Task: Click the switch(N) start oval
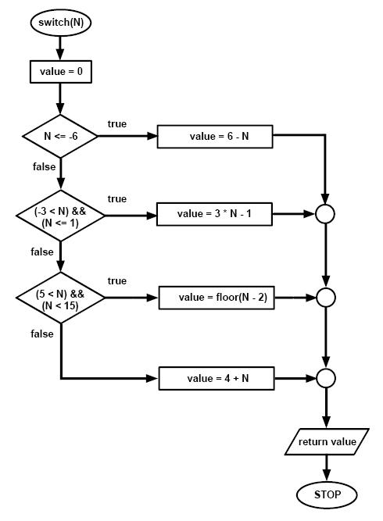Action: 60,23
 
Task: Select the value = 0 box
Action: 60,72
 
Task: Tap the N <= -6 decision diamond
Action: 60,137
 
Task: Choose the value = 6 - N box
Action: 214,137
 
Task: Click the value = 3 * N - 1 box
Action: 214,213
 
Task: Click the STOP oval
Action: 326,494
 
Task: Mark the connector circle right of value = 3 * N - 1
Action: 326,213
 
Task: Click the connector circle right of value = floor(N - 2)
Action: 326,298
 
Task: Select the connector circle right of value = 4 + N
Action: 326,379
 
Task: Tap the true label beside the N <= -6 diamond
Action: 116,123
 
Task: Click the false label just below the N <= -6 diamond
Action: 43,167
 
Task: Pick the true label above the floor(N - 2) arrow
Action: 116,280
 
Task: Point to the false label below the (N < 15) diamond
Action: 43,334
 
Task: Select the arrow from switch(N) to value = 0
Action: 60,48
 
